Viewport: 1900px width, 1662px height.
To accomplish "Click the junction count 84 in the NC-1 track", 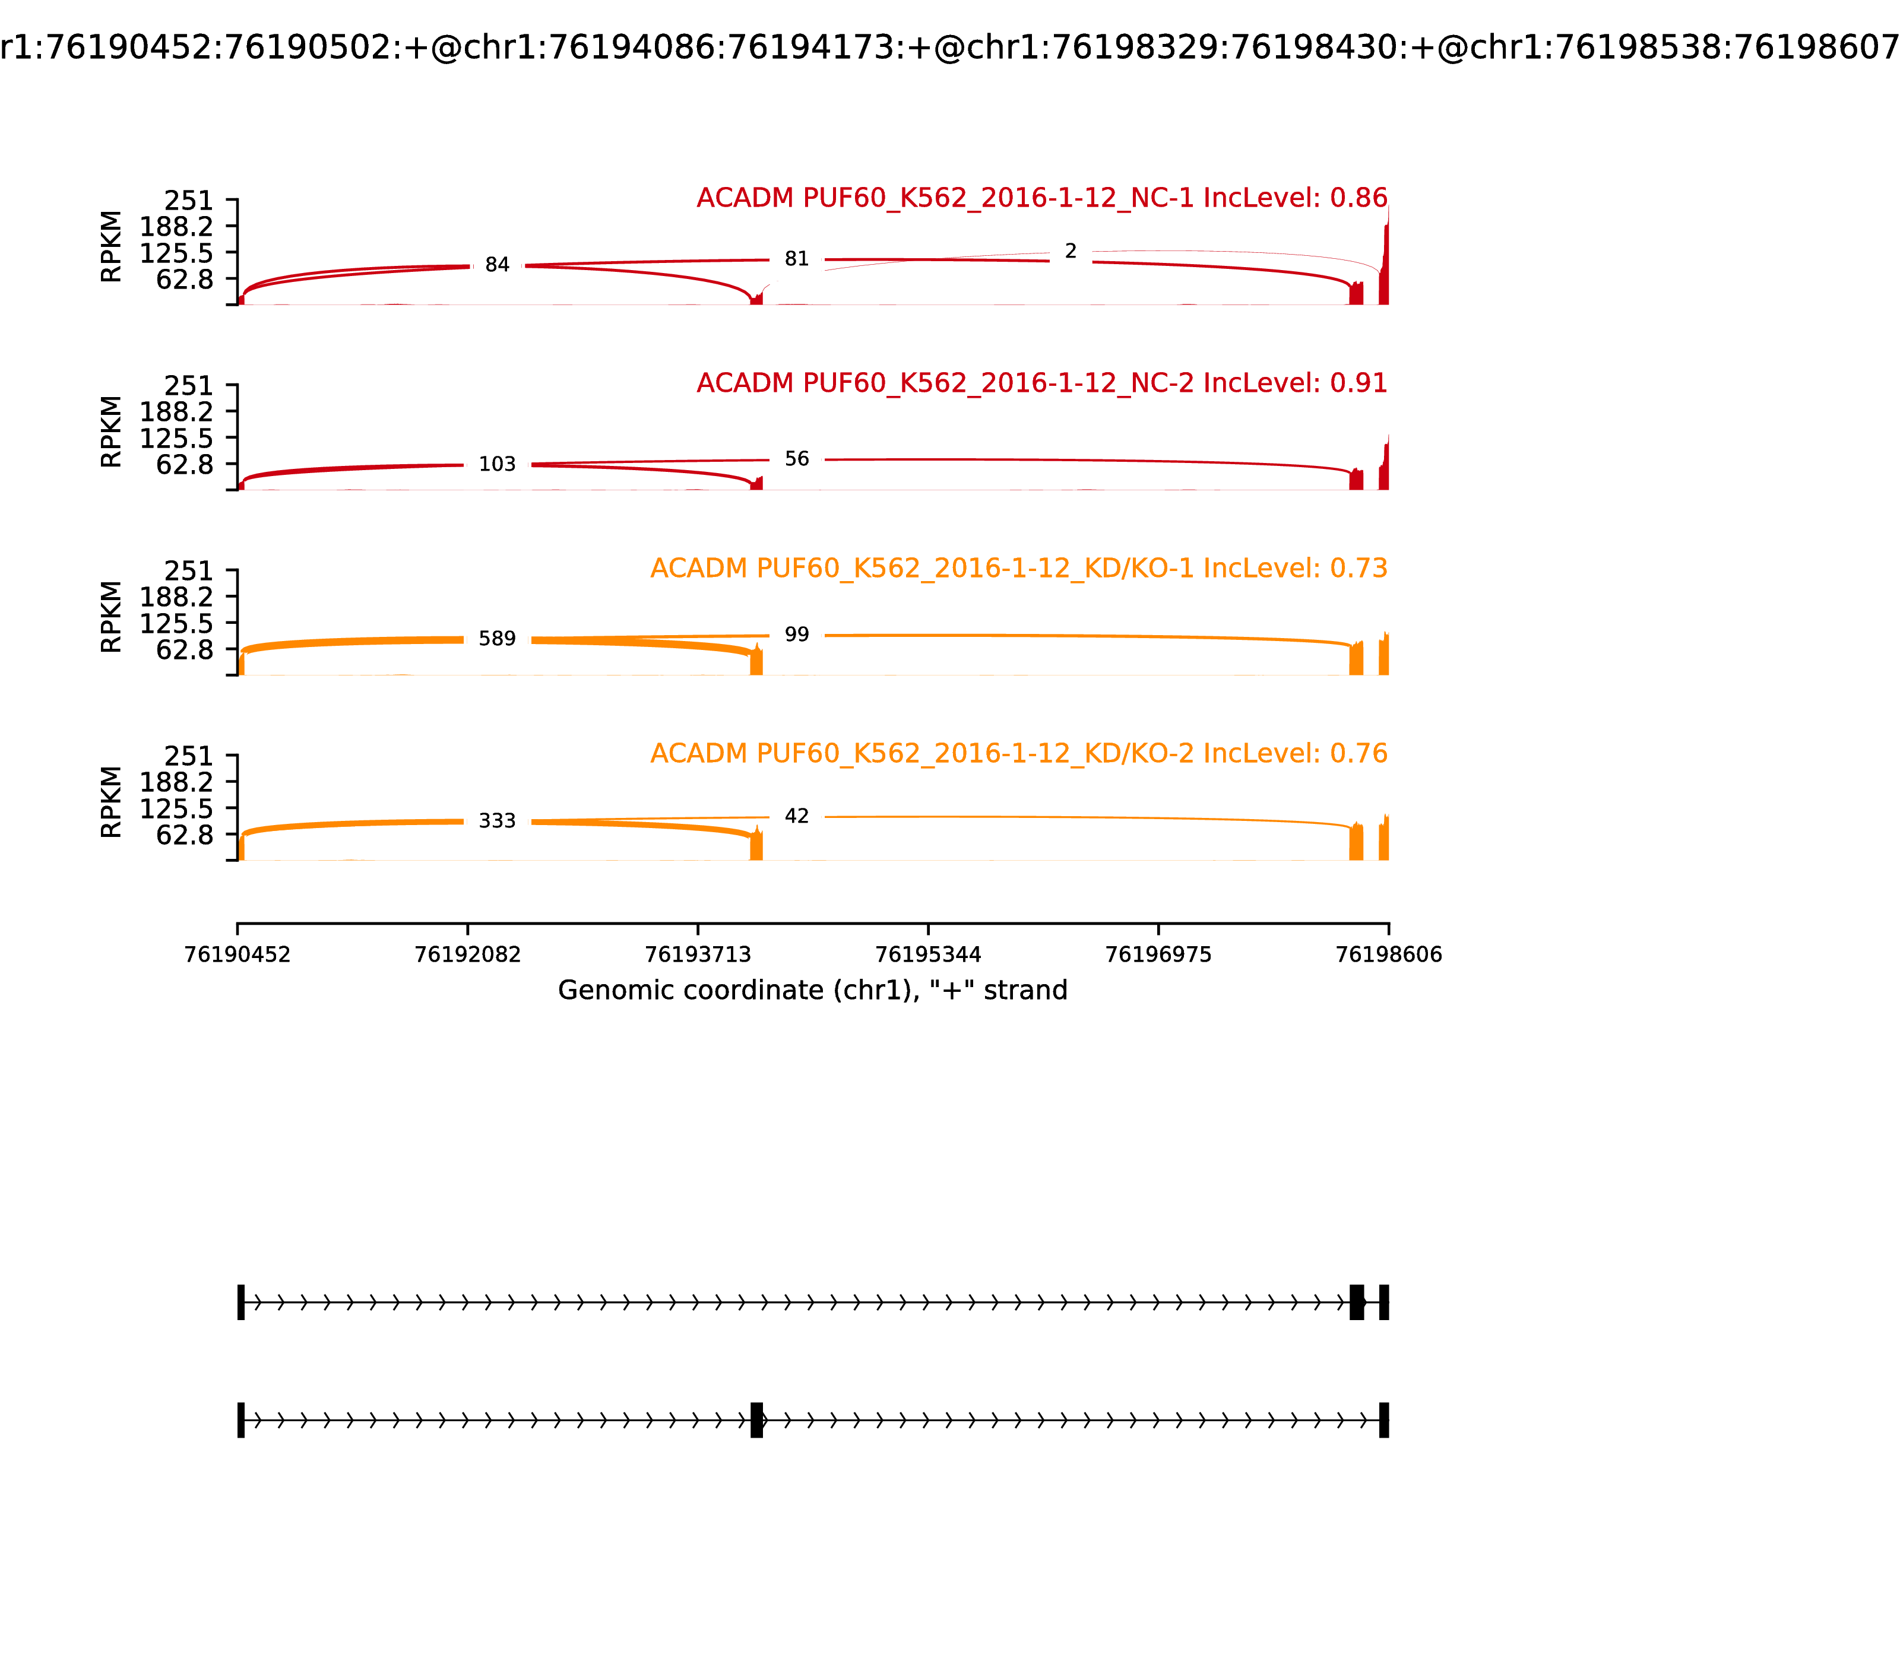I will [x=498, y=265].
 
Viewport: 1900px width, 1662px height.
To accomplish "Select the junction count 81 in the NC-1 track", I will [x=797, y=259].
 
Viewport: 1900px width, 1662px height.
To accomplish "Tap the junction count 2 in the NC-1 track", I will [x=1071, y=251].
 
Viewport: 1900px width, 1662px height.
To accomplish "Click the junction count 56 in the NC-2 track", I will [x=797, y=459].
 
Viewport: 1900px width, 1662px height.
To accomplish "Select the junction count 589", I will [x=498, y=639].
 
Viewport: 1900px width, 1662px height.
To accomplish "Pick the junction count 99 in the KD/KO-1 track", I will [x=797, y=635].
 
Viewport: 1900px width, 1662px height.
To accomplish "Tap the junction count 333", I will [x=498, y=821].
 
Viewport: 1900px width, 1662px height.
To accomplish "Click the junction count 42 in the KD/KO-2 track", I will [x=797, y=816].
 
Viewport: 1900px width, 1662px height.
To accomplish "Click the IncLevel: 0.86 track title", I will [x=1042, y=198].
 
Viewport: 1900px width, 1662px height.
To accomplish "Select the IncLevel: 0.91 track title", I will [x=1042, y=383].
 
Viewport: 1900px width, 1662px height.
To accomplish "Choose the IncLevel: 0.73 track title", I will [x=1019, y=569].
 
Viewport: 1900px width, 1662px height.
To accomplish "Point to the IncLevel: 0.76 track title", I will [x=1019, y=753].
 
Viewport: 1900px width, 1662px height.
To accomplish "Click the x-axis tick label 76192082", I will [x=468, y=954].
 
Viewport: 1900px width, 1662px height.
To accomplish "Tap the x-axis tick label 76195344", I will [x=927, y=954].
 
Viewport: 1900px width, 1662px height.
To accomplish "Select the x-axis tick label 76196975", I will [x=1158, y=954].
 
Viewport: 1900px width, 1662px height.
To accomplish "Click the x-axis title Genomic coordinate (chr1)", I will [x=813, y=991].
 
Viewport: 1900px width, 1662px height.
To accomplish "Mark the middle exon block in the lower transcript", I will [x=756, y=1420].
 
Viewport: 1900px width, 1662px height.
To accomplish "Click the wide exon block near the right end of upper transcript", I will [x=1356, y=1302].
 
